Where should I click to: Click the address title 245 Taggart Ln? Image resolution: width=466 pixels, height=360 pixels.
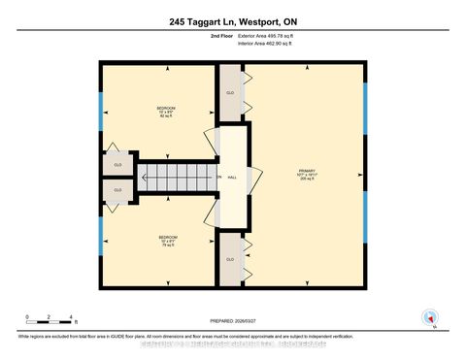pos(232,22)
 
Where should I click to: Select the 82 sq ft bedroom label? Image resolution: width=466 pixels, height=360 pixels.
pos(166,111)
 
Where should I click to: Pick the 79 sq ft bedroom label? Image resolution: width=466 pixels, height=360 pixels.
pos(166,240)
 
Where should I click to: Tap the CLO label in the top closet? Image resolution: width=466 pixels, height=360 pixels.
pos(230,93)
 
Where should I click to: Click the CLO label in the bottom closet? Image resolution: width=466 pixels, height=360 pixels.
pos(230,259)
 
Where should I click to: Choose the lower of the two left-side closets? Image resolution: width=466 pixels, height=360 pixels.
pos(116,190)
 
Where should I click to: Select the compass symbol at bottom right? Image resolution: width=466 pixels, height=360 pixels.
pos(428,316)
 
